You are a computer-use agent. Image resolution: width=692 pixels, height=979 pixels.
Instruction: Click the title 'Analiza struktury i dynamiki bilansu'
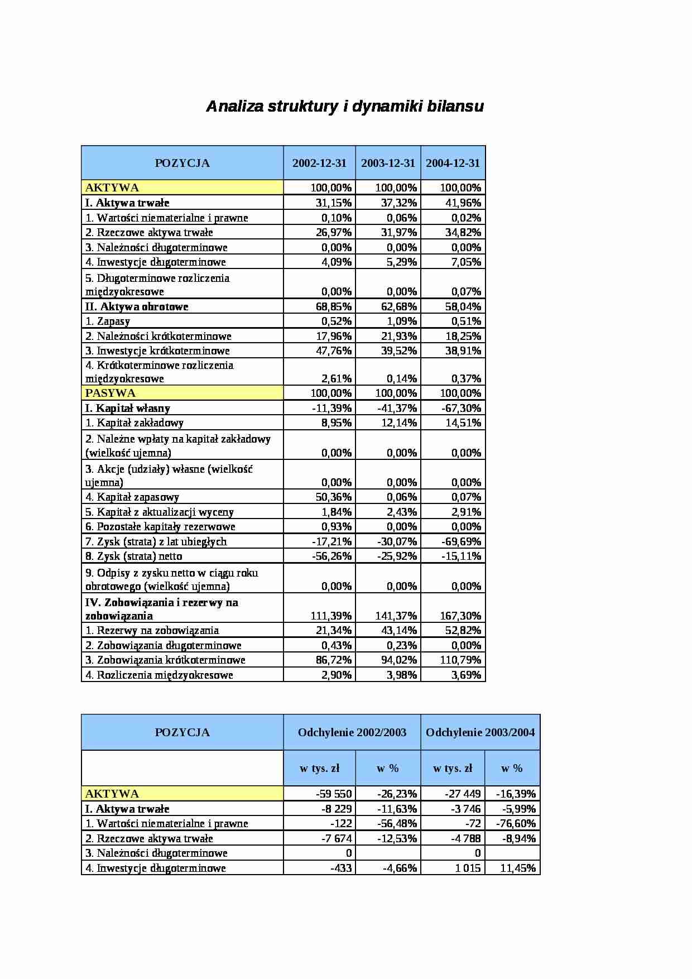click(345, 107)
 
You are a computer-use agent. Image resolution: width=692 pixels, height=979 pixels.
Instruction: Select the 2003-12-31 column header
click(388, 163)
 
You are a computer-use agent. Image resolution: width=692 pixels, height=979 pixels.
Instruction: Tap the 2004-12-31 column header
click(453, 163)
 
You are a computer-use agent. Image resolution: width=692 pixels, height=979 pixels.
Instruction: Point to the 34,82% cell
click(463, 232)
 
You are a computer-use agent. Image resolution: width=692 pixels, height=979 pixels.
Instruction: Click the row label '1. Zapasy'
click(113, 321)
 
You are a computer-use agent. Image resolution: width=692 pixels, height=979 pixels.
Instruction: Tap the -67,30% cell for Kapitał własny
click(461, 408)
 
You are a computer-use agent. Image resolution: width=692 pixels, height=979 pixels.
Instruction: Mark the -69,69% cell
click(461, 541)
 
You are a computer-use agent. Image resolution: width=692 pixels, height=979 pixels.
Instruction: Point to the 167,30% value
click(460, 616)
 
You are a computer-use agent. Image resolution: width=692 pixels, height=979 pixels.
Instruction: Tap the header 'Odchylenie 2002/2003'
click(352, 732)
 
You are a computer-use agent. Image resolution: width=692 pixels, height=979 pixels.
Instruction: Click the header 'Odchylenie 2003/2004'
click(480, 732)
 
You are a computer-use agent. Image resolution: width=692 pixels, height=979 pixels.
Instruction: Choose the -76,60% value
click(515, 823)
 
